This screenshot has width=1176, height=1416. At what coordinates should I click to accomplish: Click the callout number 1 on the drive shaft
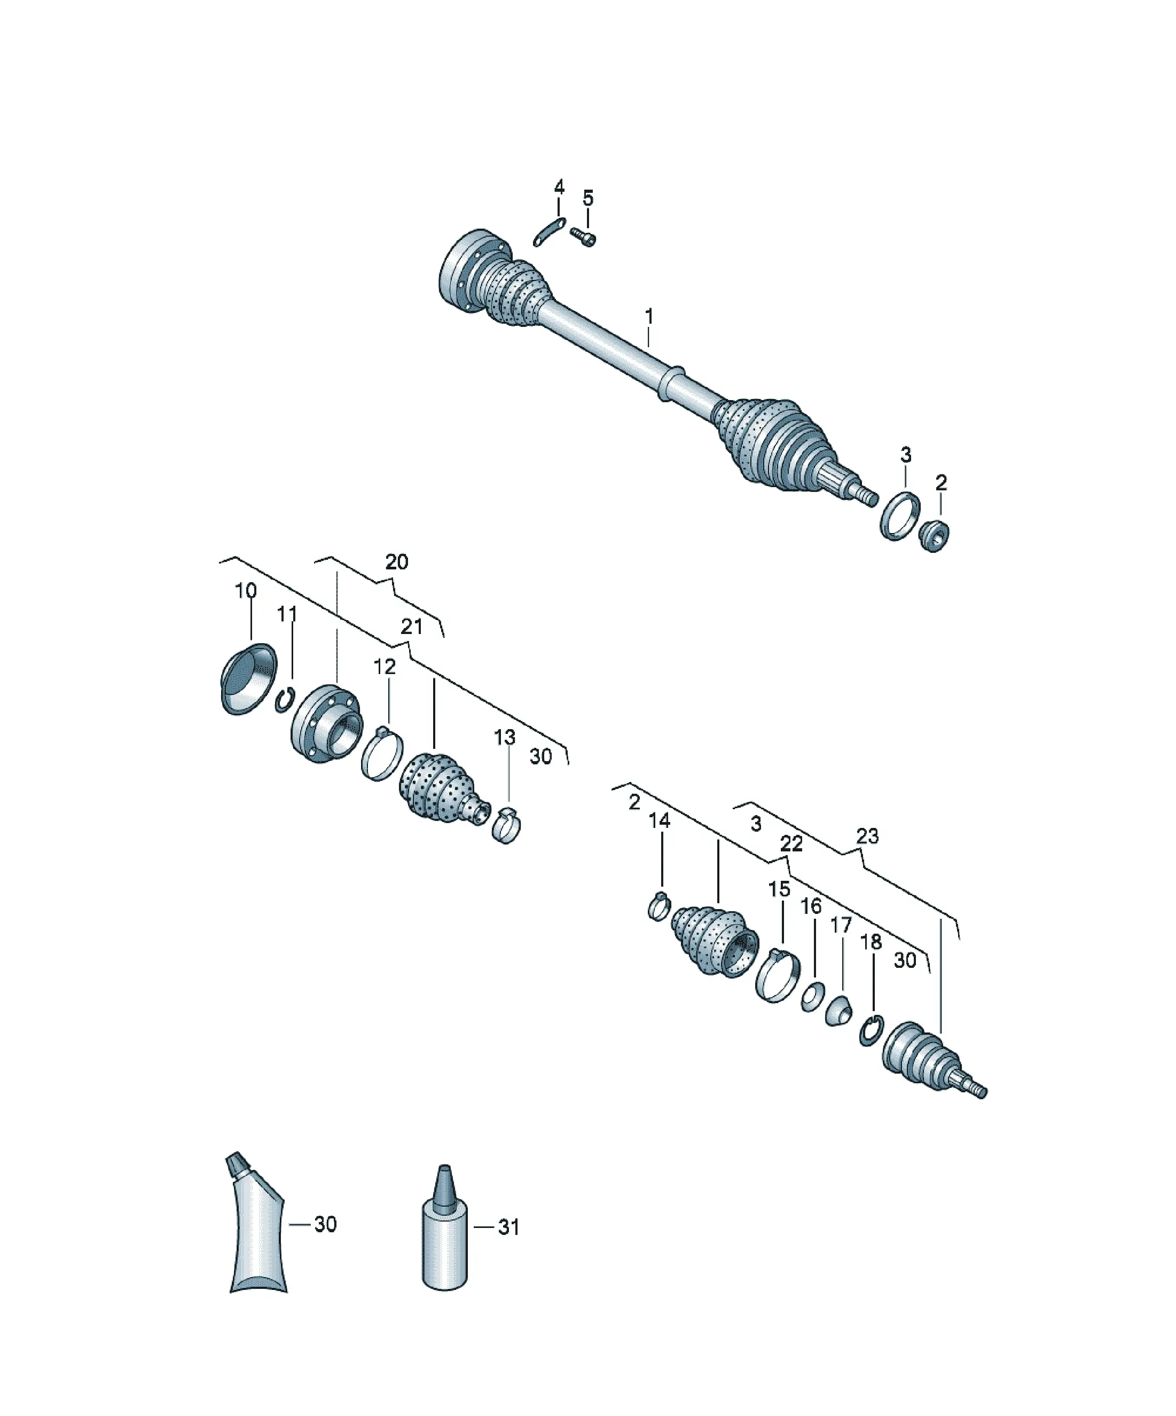point(649,316)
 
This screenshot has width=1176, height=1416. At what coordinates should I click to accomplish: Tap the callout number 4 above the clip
point(559,187)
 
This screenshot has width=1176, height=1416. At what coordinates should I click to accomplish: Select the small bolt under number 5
point(584,237)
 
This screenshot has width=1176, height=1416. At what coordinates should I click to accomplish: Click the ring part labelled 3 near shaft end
point(900,516)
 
